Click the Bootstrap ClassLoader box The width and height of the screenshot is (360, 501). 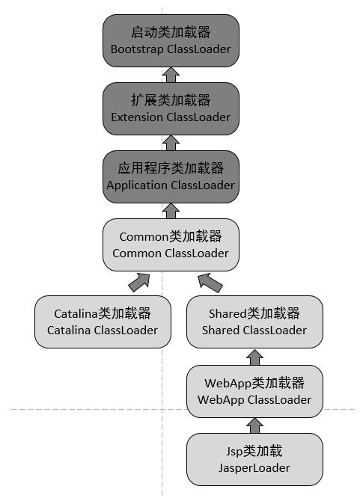pyautogui.click(x=171, y=40)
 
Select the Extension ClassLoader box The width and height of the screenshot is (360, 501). pyautogui.click(x=171, y=108)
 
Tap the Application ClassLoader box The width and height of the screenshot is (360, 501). pyautogui.click(x=171, y=176)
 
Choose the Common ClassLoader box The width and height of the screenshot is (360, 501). pyautogui.click(x=171, y=245)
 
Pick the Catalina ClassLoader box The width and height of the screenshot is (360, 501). pyautogui.click(x=103, y=322)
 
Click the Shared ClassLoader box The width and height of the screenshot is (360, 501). pyautogui.click(x=254, y=322)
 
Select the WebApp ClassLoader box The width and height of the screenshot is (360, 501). pyautogui.click(x=254, y=391)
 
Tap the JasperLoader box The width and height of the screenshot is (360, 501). pyautogui.click(x=254, y=459)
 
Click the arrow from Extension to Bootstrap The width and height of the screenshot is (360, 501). pyautogui.click(x=171, y=75)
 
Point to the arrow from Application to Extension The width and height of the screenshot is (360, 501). pyautogui.click(x=171, y=143)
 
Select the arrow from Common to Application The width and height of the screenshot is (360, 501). pyautogui.click(x=171, y=211)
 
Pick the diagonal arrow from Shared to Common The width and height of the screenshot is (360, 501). pyautogui.click(x=210, y=283)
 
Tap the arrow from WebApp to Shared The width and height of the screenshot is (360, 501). pyautogui.click(x=254, y=357)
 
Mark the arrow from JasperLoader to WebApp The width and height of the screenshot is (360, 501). pyautogui.click(x=254, y=425)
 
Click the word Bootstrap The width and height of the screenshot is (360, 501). pyautogui.click(x=137, y=49)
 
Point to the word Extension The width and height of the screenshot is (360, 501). pyautogui.click(x=136, y=117)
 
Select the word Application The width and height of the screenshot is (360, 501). pyautogui.click(x=136, y=185)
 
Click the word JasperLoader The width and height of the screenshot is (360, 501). pyautogui.click(x=254, y=468)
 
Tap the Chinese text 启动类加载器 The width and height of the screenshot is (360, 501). pyautogui.click(x=171, y=32)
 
